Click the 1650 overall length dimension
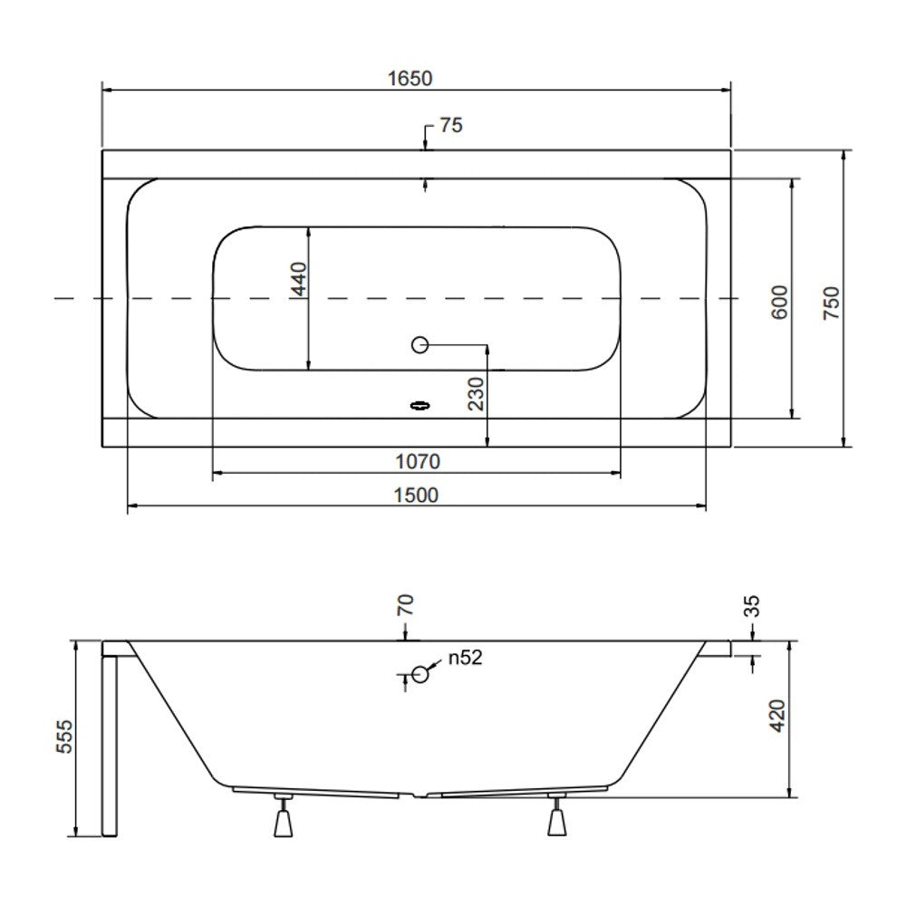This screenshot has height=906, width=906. pyautogui.click(x=410, y=79)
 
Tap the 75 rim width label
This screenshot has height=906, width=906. pyautogui.click(x=451, y=125)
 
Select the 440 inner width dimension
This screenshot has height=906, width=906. pyautogui.click(x=299, y=278)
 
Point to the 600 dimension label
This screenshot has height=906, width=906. pyautogui.click(x=779, y=302)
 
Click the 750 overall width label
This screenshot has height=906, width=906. pyautogui.click(x=831, y=303)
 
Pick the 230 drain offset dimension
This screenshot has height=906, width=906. pyautogui.click(x=477, y=393)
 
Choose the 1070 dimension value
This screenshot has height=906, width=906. pyautogui.click(x=417, y=462)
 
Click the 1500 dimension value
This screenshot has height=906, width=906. pyautogui.click(x=416, y=496)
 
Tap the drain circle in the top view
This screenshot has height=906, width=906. pyautogui.click(x=420, y=345)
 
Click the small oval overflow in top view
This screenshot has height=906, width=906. pyautogui.click(x=420, y=406)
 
